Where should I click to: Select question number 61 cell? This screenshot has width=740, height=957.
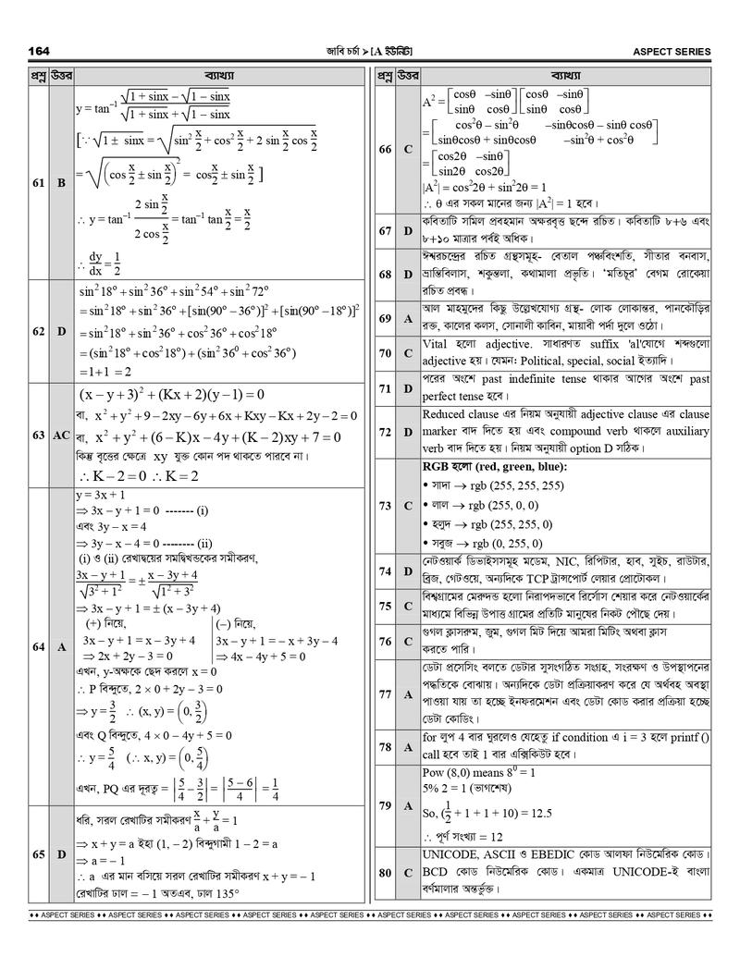39,183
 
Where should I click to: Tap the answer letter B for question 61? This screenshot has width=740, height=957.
61,183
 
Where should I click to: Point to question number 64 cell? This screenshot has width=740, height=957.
39,647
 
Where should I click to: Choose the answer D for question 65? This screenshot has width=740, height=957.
61,854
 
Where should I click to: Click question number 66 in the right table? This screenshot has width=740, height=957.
386,149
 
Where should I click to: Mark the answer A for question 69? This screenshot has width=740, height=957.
408,318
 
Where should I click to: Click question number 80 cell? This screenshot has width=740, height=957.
386,872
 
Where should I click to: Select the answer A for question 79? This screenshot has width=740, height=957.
408,805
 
